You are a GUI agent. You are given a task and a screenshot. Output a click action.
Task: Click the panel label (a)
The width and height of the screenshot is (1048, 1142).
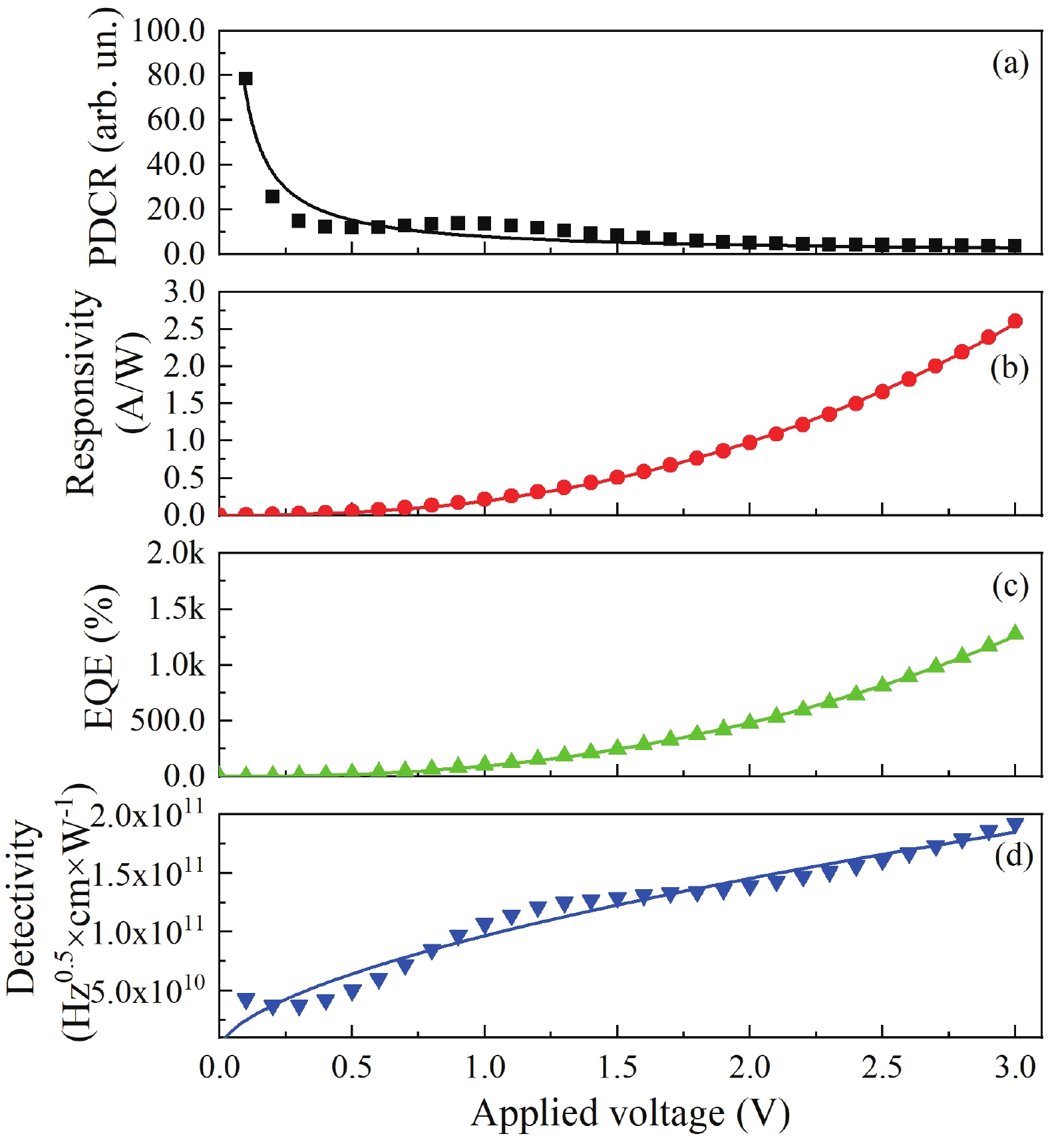click(1009, 65)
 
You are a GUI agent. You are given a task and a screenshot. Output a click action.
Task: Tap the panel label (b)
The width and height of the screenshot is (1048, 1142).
click(1009, 368)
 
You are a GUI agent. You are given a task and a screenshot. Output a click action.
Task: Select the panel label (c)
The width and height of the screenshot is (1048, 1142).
click(1009, 587)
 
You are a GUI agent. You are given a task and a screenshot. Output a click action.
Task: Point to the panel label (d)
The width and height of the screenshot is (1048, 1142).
click(1013, 856)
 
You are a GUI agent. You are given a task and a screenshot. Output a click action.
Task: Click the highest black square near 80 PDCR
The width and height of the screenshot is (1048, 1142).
click(246, 79)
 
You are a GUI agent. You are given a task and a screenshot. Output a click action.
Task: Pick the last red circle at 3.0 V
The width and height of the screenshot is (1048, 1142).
click(1015, 321)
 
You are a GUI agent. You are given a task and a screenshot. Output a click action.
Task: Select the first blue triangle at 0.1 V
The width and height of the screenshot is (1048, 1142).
click(246, 1000)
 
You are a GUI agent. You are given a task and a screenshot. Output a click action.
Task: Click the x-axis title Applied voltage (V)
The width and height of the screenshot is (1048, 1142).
click(629, 1113)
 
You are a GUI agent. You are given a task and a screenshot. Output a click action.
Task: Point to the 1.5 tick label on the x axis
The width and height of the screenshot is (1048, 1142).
click(617, 1067)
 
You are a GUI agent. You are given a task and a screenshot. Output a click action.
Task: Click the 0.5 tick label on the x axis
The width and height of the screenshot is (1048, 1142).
click(351, 1067)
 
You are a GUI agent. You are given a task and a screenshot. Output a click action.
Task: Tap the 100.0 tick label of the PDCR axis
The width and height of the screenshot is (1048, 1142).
click(168, 31)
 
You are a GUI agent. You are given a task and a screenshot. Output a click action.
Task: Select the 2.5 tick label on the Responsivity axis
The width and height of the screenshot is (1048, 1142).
click(184, 329)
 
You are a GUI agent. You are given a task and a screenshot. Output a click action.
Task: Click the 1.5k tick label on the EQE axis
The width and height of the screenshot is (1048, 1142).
click(176, 609)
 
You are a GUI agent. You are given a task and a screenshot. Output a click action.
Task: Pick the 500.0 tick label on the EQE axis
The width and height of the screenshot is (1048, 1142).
click(168, 720)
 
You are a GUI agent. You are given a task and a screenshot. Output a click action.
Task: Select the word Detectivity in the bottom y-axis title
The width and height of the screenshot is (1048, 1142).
click(21, 909)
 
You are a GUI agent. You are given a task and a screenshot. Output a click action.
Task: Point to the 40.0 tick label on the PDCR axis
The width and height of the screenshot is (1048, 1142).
click(176, 164)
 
